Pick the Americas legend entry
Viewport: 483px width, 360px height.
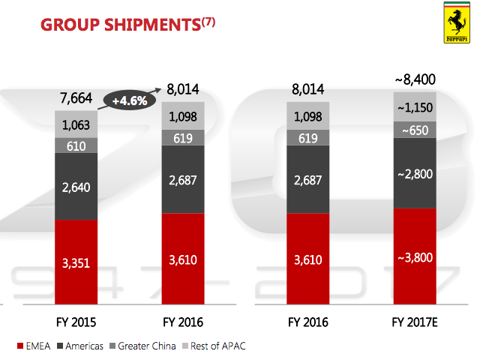click(x=82, y=346)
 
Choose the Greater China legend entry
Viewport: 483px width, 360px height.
click(x=143, y=346)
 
